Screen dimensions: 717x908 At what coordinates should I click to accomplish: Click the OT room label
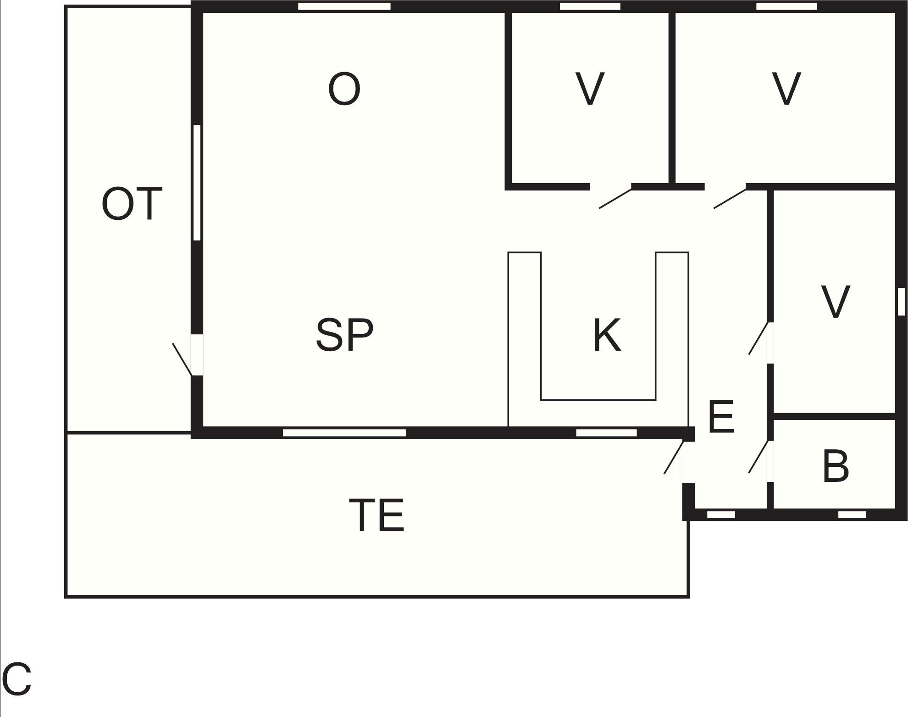[x=132, y=204]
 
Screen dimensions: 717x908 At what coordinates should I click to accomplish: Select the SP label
[x=345, y=335]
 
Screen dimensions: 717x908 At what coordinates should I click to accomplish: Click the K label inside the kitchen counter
[x=607, y=336]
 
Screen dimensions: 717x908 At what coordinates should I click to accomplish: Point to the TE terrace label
[x=376, y=515]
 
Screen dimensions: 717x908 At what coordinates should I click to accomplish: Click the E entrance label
[x=721, y=417]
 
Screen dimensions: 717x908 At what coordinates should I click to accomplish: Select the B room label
[x=836, y=467]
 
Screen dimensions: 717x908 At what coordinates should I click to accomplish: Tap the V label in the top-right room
[x=786, y=89]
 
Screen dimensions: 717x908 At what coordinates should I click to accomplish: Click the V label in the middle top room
[x=590, y=89]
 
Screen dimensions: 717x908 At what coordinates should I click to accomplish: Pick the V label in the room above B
[x=836, y=302]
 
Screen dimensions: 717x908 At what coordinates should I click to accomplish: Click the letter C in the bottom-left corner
[x=17, y=680]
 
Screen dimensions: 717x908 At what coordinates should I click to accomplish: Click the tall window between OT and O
[x=197, y=182]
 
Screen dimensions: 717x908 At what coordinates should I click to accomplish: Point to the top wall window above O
[x=344, y=6]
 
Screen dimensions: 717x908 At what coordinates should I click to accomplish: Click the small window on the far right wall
[x=901, y=302]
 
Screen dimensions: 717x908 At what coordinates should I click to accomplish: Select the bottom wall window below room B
[x=852, y=515]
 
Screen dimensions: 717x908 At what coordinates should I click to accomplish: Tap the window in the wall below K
[x=606, y=433]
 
